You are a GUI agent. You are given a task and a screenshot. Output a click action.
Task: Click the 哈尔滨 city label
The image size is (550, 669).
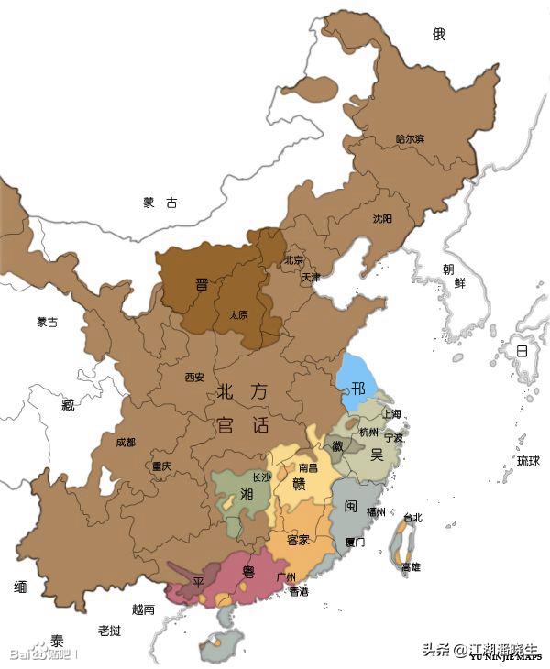point(410,138)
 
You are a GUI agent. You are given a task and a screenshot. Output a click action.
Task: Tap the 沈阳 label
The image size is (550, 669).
point(382,219)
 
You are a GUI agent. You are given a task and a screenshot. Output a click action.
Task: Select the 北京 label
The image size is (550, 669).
point(292,259)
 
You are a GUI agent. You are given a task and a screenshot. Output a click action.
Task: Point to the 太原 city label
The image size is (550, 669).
point(238,314)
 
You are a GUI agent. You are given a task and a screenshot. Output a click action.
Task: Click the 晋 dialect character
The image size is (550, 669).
point(202,284)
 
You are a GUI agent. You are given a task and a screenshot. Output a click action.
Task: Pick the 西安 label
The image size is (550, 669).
point(194,377)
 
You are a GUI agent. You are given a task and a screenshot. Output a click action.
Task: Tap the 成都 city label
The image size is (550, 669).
point(126,443)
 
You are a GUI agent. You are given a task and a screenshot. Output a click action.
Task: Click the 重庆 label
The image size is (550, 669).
point(161,466)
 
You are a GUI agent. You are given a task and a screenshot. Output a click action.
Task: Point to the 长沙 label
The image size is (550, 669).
point(261,477)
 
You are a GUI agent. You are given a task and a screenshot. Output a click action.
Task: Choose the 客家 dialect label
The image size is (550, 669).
point(298,541)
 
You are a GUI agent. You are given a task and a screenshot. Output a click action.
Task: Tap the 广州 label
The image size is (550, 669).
point(286,577)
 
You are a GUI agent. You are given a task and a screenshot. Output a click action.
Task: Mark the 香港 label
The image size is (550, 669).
point(299,592)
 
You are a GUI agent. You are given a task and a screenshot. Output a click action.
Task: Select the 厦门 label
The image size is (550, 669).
point(356,542)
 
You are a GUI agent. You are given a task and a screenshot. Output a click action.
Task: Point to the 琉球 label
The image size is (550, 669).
point(528,460)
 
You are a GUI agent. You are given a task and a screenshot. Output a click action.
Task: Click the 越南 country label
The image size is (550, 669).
point(143,609)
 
